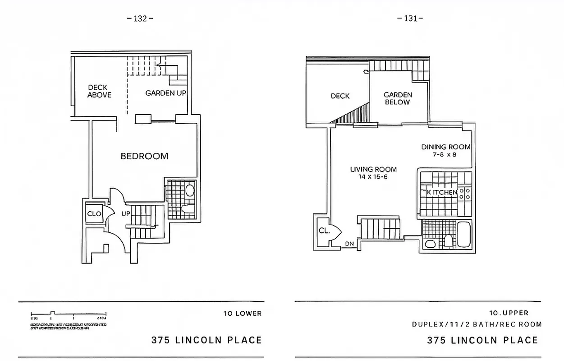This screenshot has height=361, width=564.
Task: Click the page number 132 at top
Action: (x=140, y=19)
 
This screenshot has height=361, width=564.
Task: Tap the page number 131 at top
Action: (x=410, y=19)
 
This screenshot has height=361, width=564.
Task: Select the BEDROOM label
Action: (x=144, y=156)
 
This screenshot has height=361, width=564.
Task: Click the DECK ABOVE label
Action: (x=99, y=91)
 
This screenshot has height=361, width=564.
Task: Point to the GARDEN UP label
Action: (x=165, y=93)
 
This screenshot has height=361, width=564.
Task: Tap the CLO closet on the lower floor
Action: (x=94, y=213)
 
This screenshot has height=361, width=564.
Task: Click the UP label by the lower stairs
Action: (x=125, y=213)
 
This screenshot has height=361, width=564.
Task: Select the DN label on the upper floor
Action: (x=349, y=244)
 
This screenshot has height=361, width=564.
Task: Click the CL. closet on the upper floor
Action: (x=324, y=230)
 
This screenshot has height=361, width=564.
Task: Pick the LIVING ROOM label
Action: (x=373, y=169)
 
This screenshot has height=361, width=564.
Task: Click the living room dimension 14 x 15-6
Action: (x=373, y=177)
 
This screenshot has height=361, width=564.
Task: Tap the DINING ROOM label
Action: (x=445, y=147)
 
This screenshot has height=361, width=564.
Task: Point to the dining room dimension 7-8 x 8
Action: (x=445, y=154)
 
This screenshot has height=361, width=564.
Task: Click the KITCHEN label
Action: (x=442, y=193)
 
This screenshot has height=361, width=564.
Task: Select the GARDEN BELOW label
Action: (x=398, y=98)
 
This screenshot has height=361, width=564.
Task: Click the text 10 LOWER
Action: (x=242, y=314)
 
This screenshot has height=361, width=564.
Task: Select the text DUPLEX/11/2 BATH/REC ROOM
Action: (x=477, y=324)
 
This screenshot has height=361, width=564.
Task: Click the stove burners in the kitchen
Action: (x=468, y=194)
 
